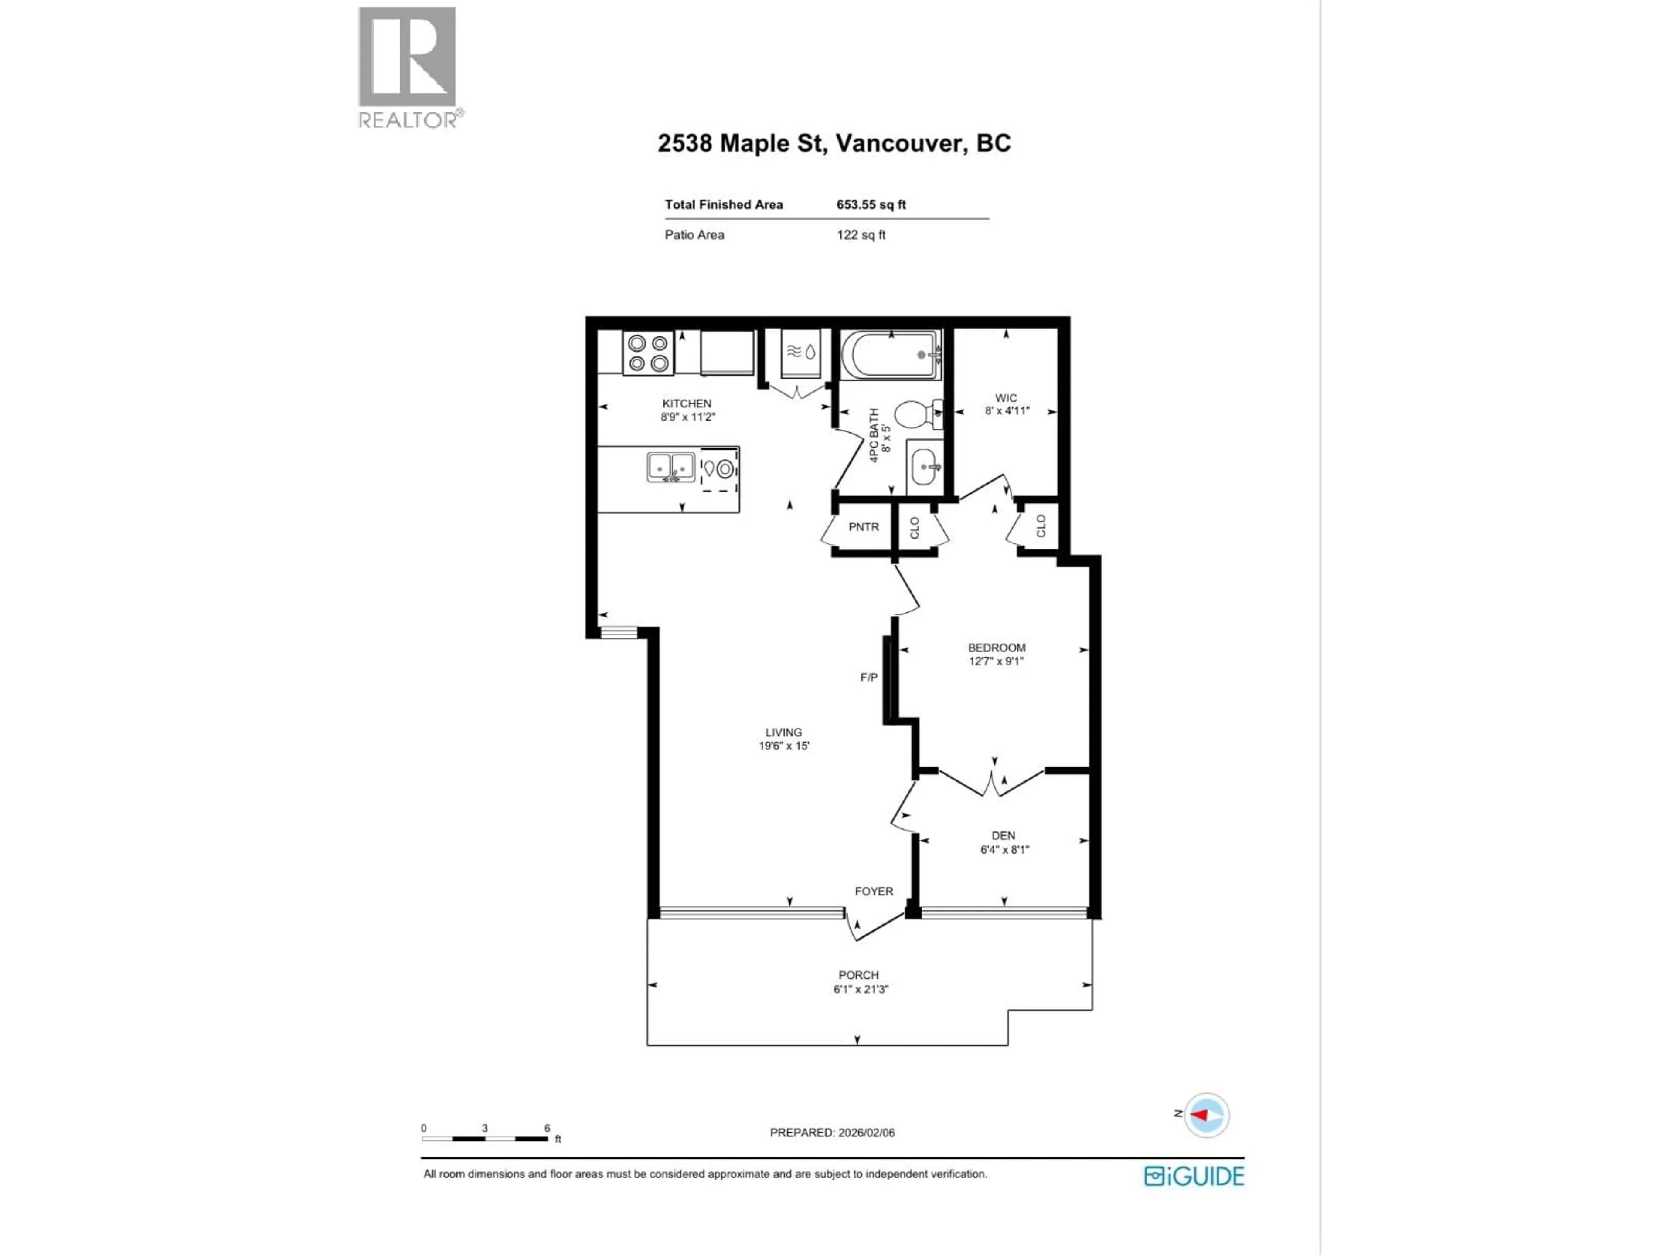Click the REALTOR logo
pos(407,67)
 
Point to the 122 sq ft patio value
pos(861,234)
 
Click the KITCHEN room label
pos(687,403)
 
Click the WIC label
pos(1006,398)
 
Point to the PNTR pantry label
pos(864,526)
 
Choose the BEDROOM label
pos(997,648)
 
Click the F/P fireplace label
pos(869,677)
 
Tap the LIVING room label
pos(783,732)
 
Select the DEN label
pos(1004,835)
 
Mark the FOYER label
pos(874,891)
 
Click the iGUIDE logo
pos(1194,1176)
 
